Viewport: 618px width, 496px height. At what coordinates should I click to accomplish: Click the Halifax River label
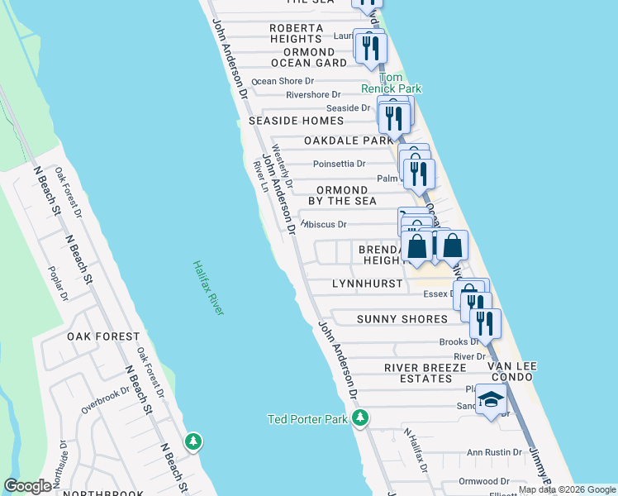(x=209, y=288)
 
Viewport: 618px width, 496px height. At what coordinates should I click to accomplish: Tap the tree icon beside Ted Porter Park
(x=359, y=418)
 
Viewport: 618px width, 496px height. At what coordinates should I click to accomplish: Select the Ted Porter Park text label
(x=307, y=419)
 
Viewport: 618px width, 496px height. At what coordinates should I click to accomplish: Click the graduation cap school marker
(x=491, y=399)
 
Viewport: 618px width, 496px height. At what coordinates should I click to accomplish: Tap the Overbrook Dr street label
(x=106, y=401)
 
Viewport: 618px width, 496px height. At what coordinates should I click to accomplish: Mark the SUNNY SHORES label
(x=402, y=319)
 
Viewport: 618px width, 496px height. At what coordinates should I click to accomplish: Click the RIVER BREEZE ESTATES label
(x=418, y=373)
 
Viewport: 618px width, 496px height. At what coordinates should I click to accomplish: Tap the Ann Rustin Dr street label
(x=495, y=452)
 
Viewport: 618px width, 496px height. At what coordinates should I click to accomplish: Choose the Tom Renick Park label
(x=391, y=82)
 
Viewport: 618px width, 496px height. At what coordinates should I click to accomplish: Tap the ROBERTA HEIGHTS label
(x=296, y=33)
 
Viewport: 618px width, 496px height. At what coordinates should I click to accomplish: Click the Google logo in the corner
(x=28, y=486)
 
